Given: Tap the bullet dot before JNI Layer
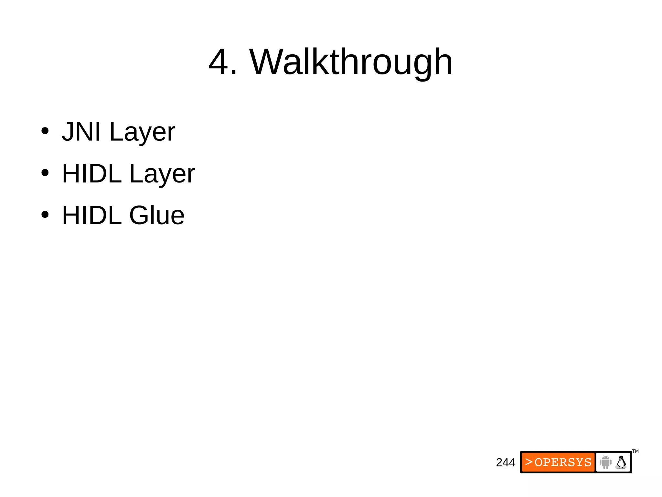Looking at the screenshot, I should click(45, 131).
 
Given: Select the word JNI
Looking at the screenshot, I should click(81, 132).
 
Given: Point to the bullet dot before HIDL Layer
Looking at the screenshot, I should click(45, 173).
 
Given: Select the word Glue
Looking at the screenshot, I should click(157, 215).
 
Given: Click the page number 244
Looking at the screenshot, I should click(505, 462).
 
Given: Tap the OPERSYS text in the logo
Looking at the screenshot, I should click(563, 462).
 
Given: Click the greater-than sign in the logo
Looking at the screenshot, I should click(529, 462).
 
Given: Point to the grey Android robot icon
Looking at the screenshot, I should click(605, 462).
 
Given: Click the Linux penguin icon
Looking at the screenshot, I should click(621, 462).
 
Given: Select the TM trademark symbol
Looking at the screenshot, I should click(635, 451).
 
